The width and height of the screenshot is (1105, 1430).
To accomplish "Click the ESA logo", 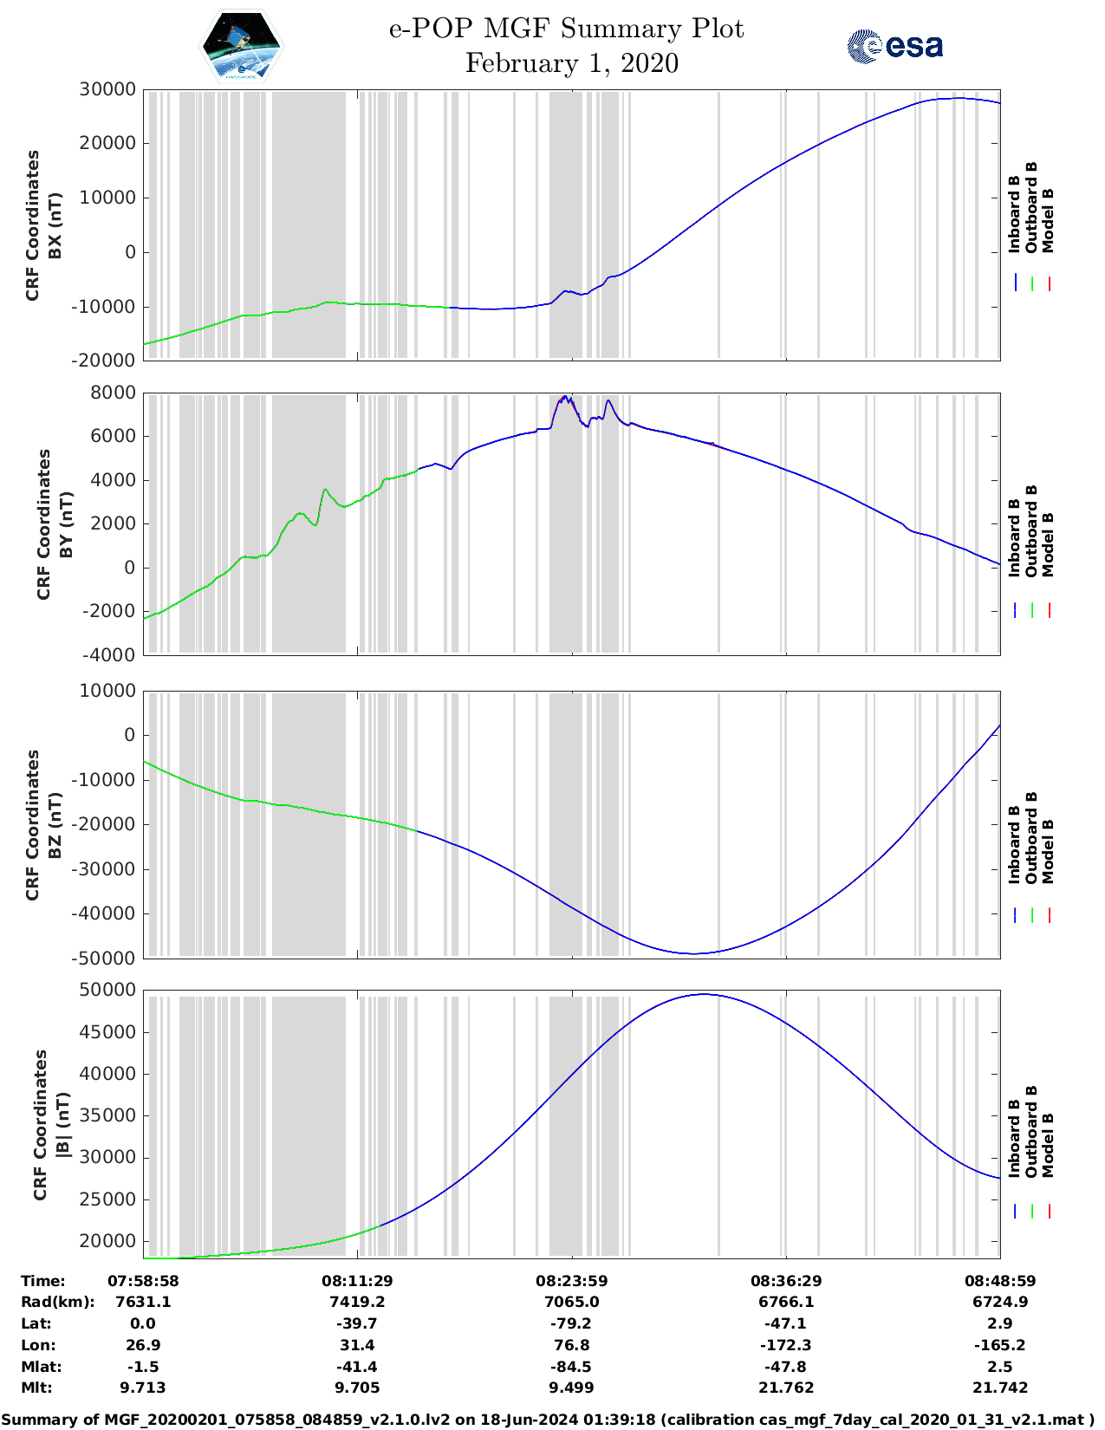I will click(895, 46).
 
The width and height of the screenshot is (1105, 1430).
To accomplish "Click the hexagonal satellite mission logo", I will click(241, 46).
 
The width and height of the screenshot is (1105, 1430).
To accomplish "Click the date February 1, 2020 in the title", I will click(571, 63).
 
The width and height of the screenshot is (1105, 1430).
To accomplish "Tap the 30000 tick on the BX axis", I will click(107, 89).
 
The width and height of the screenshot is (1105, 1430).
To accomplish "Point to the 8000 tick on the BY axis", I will click(113, 393).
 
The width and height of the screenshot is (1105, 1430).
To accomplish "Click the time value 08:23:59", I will click(571, 1280).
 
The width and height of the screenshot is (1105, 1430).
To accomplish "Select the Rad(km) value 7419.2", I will click(357, 1302).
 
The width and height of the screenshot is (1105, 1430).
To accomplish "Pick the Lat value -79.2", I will click(571, 1323).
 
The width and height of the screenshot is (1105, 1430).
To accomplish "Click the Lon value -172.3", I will click(785, 1345).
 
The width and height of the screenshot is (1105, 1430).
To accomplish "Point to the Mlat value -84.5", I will click(571, 1366).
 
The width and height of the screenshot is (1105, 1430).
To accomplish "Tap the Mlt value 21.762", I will click(785, 1388).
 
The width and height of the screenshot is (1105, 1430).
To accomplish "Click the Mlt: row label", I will click(36, 1388).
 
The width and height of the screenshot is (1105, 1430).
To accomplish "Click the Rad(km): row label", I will click(57, 1302).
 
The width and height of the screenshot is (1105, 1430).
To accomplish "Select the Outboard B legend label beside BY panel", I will click(1031, 530).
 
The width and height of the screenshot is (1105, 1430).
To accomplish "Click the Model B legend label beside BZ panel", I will click(1048, 851).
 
